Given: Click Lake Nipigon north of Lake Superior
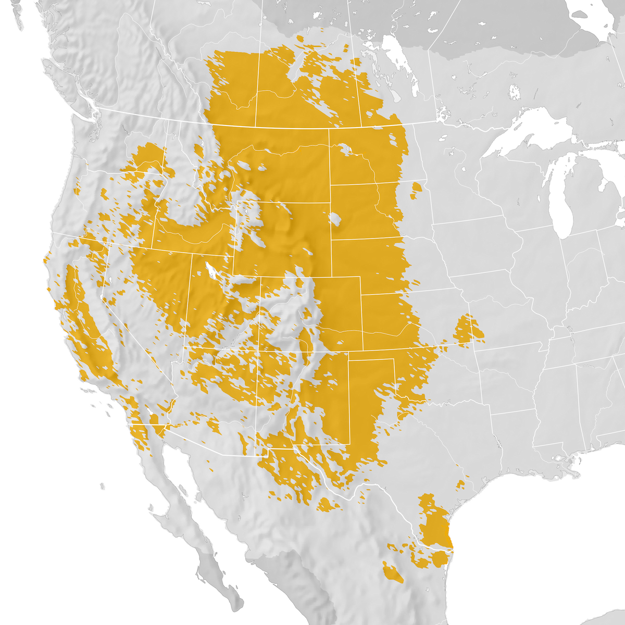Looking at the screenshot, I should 515,93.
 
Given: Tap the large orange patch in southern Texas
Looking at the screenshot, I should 435,526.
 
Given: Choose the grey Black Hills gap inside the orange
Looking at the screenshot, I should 335,219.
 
